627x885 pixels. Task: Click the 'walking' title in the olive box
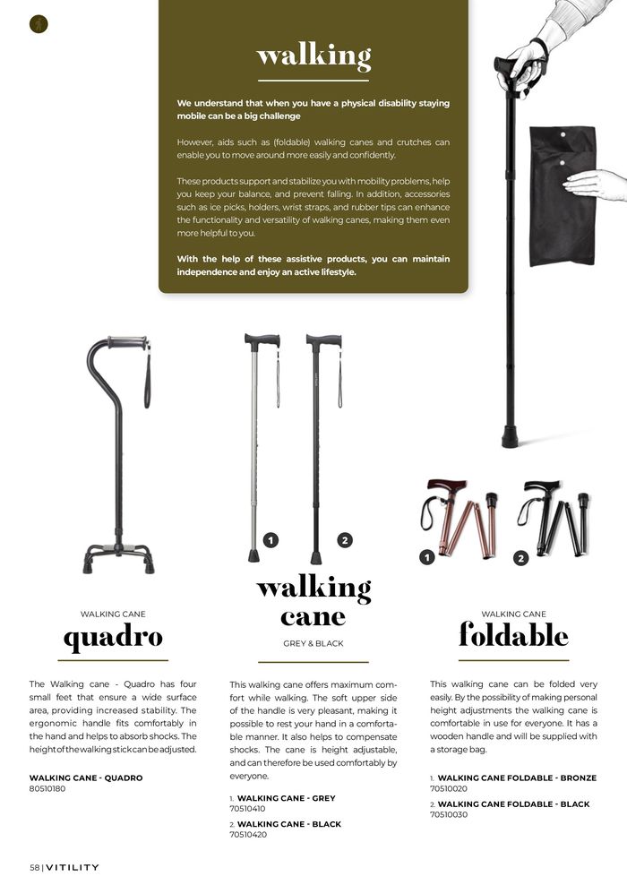tap(313, 56)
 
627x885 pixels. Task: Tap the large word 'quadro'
tap(113, 637)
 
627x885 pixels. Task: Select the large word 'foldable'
tap(513, 635)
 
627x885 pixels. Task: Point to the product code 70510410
tap(249, 808)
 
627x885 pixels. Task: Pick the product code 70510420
tap(249, 834)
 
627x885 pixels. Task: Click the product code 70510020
tap(449, 788)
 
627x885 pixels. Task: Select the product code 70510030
tap(449, 814)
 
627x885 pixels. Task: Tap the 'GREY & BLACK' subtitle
tap(313, 643)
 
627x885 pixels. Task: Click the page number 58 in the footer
tap(34, 867)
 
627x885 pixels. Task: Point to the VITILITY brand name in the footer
tap(73, 867)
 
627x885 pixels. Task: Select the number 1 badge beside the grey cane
tap(270, 539)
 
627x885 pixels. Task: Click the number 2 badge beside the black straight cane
tap(344, 539)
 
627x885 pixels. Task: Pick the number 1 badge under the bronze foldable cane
tap(428, 558)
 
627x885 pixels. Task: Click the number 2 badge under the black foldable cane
tap(521, 558)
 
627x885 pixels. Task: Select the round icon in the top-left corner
tap(39, 24)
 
